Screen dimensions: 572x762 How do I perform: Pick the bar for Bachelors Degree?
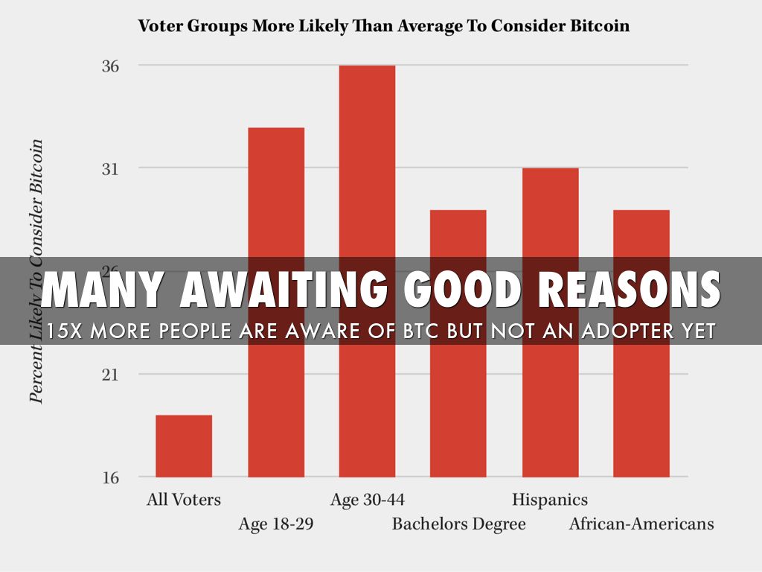tap(458, 231)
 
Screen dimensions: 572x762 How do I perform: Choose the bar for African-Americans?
tap(641, 231)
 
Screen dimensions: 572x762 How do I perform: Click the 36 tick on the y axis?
tap(110, 66)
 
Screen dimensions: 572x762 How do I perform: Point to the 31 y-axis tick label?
tap(110, 168)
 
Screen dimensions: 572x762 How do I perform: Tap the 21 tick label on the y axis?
tap(110, 374)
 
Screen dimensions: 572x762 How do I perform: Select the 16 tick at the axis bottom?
tap(110, 477)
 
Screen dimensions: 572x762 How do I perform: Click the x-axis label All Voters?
tap(184, 499)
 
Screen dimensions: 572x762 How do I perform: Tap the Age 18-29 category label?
tap(276, 524)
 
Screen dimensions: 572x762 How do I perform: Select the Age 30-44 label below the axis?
tap(367, 499)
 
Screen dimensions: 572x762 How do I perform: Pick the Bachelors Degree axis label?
tap(458, 524)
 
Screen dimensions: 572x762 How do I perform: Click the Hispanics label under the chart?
tap(550, 499)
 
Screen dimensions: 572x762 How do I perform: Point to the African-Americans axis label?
tap(641, 524)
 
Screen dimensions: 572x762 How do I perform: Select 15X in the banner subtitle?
tap(65, 331)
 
